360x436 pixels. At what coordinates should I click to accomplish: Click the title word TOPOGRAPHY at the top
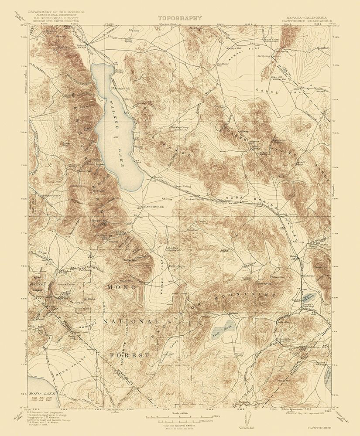(x=180, y=18)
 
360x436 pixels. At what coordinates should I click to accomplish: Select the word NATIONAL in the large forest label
(x=130, y=322)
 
